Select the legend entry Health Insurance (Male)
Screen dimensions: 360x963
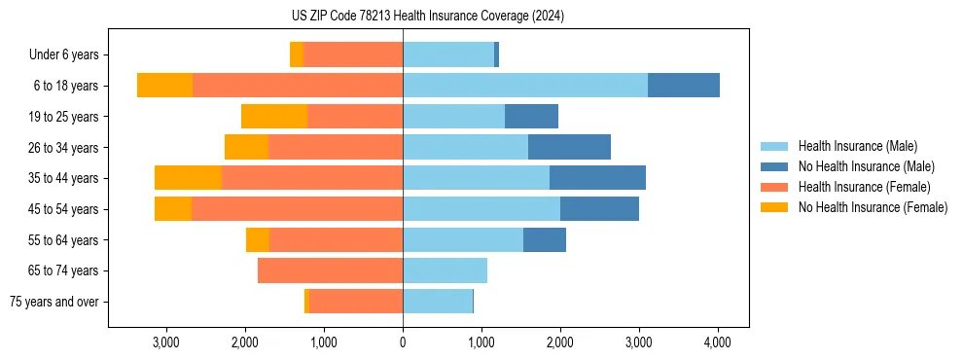pyautogui.click(x=857, y=146)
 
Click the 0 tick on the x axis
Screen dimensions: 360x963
pyautogui.click(x=403, y=342)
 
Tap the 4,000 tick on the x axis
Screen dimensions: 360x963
pyautogui.click(x=718, y=342)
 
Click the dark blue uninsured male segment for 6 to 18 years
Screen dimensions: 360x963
pyautogui.click(x=684, y=86)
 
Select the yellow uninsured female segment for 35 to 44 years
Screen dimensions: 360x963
pyautogui.click(x=188, y=178)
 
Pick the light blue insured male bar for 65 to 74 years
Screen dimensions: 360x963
pyautogui.click(x=445, y=270)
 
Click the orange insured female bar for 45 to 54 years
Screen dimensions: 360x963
pyautogui.click(x=297, y=209)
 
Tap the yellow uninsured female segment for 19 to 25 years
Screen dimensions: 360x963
pyautogui.click(x=274, y=117)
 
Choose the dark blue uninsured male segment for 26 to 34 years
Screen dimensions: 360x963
pyautogui.click(x=569, y=147)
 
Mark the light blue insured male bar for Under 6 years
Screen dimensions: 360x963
pyautogui.click(x=448, y=55)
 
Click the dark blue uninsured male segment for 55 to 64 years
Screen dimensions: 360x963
pyautogui.click(x=545, y=239)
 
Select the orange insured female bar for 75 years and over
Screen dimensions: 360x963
pyautogui.click(x=356, y=302)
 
